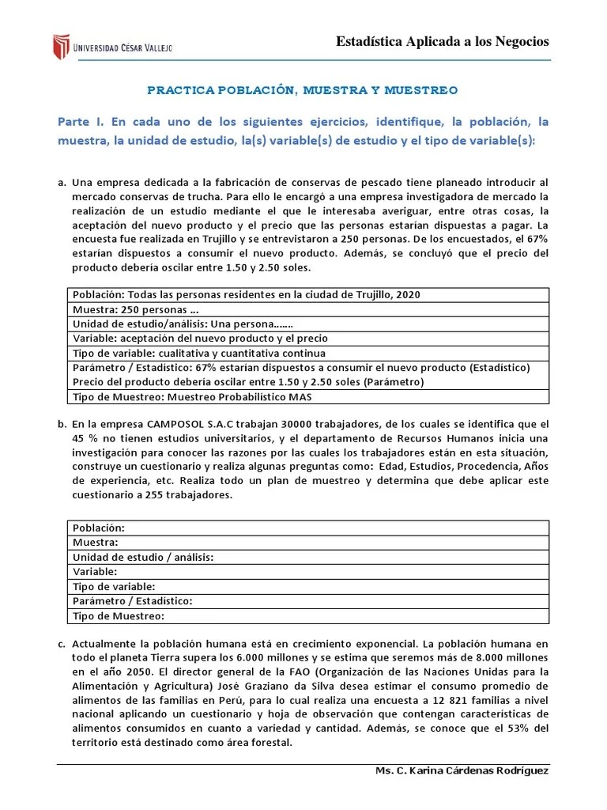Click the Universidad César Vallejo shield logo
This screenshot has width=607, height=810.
click(x=62, y=47)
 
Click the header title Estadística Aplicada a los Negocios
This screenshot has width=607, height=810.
click(x=443, y=42)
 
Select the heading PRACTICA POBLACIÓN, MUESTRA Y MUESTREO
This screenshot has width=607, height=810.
click(x=303, y=90)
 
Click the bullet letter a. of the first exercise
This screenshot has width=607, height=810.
click(x=62, y=183)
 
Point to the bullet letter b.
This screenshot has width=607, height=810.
click(x=62, y=424)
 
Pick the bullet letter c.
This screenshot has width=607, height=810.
click(x=62, y=644)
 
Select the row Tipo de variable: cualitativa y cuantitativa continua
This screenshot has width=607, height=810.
click(x=198, y=353)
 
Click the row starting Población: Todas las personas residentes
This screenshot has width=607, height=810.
click(x=246, y=294)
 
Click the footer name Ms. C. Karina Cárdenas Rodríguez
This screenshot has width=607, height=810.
click(x=461, y=771)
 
